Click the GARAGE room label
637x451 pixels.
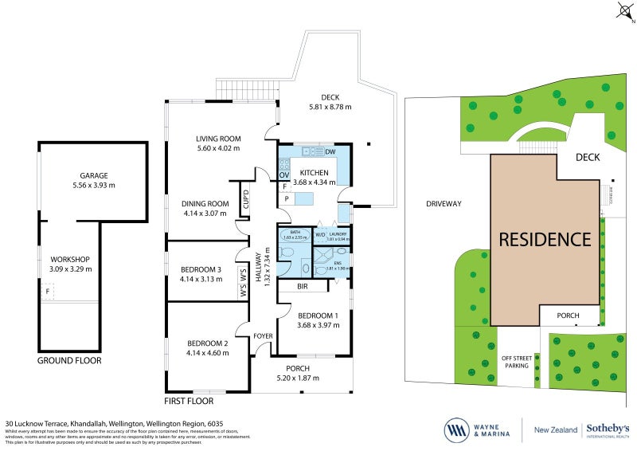[93, 175]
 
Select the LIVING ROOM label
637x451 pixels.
[218, 139]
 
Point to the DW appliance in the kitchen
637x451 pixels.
[330, 152]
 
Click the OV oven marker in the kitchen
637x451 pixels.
[284, 174]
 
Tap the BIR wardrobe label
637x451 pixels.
[303, 285]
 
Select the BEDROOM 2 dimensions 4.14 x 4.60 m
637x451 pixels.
[206, 352]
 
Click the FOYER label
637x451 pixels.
[263, 335]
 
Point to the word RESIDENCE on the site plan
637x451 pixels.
[545, 239]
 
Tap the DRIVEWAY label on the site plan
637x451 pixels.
[444, 203]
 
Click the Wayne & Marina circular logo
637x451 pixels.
[457, 429]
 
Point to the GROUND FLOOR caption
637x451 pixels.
[70, 360]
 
